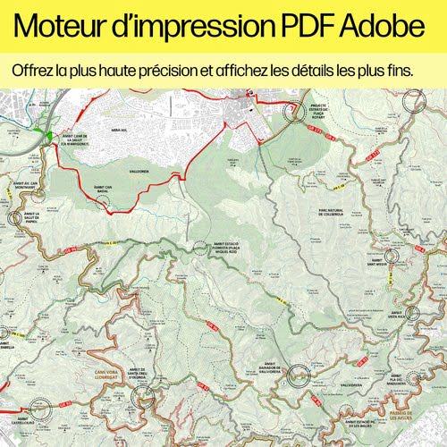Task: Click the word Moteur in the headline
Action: pos(66,28)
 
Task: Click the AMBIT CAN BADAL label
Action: pos(102,189)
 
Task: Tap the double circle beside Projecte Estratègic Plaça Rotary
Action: pos(291,111)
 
